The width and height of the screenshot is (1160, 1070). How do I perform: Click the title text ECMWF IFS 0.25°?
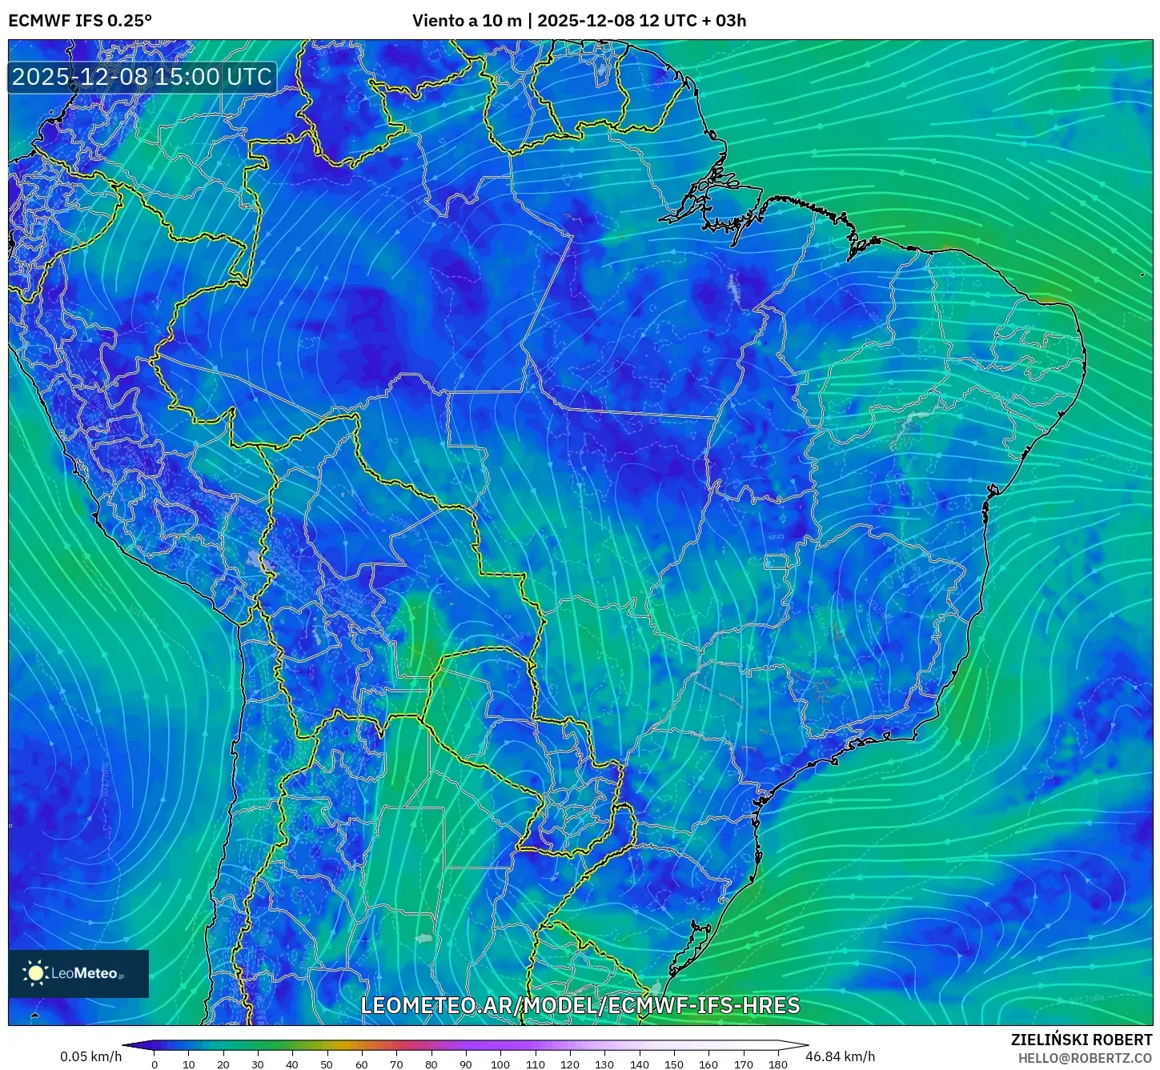pos(80,21)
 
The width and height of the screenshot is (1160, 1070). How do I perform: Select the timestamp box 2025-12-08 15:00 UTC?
pos(142,77)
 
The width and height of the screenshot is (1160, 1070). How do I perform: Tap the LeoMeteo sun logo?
pos(35,973)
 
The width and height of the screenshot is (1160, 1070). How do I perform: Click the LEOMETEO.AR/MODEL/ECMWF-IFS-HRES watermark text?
pos(580,1005)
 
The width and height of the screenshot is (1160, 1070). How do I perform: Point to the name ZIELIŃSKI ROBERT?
pos(1082,1040)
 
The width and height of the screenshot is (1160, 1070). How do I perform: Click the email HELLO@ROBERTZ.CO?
pos(1085,1058)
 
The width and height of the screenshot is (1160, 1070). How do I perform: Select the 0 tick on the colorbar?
pos(155,1064)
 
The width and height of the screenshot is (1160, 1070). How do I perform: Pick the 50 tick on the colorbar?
pos(327,1064)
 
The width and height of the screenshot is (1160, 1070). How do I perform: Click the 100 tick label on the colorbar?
pos(500,1064)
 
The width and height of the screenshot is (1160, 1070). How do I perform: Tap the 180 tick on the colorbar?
pos(778,1064)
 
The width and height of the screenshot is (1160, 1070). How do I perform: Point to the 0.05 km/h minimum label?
pos(90,1056)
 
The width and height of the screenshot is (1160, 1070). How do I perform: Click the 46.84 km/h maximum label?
pos(841,1056)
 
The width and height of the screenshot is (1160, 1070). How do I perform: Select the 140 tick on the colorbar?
pos(639,1064)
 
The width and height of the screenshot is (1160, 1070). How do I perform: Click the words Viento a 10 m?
pos(467,21)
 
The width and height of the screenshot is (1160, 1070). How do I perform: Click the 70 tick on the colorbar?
pos(396,1064)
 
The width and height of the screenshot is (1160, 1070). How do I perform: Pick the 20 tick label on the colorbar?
pos(223,1064)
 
